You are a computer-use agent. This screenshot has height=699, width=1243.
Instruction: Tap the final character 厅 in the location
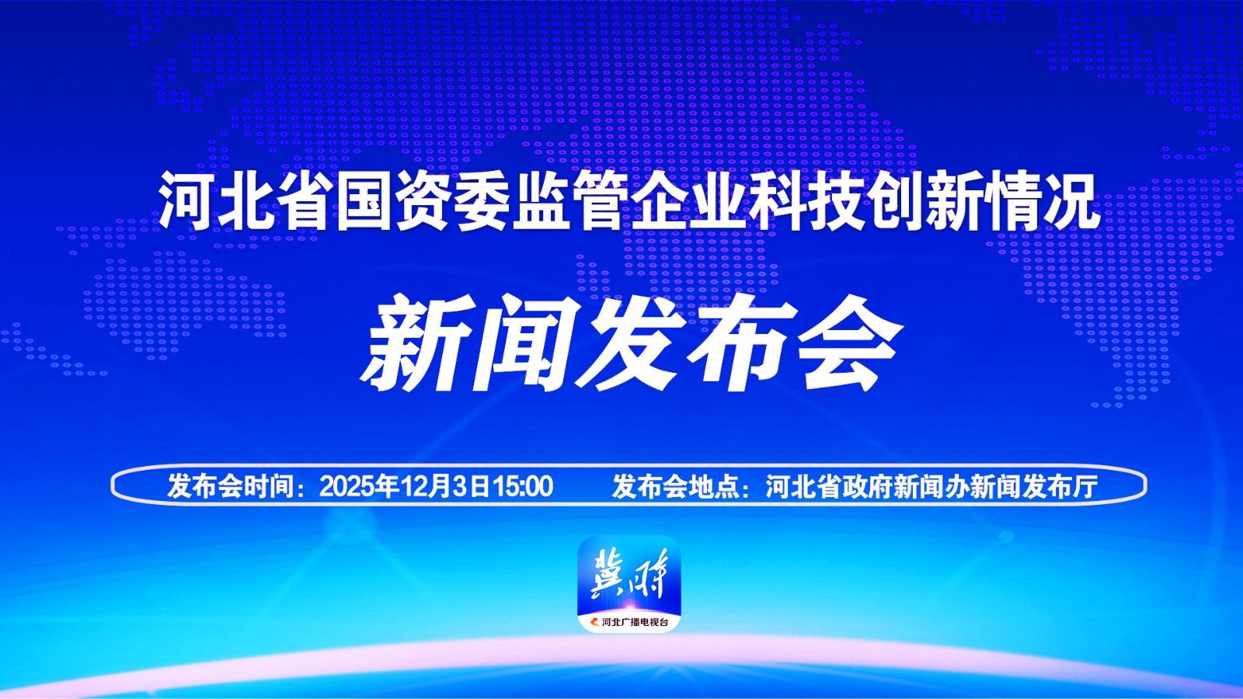coord(1086,486)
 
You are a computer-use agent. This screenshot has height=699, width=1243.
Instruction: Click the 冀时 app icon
coord(628,584)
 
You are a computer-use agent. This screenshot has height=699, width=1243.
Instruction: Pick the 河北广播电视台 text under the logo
coord(635,622)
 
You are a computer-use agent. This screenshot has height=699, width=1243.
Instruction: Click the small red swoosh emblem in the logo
coord(594,622)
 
